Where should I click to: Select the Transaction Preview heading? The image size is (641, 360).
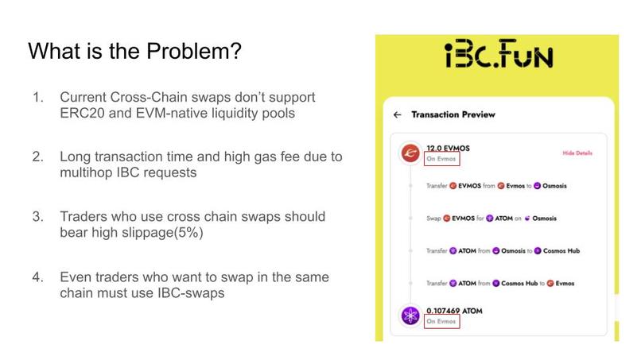(453, 114)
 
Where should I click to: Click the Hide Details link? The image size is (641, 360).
(577, 153)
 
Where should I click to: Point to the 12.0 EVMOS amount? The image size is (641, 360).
(445, 148)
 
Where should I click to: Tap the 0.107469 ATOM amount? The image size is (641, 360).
(454, 311)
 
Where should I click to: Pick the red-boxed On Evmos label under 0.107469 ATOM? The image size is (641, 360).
(441, 322)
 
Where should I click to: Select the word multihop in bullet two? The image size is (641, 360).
(85, 172)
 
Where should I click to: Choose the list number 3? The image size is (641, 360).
(37, 216)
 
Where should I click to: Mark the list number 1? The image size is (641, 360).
(37, 97)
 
